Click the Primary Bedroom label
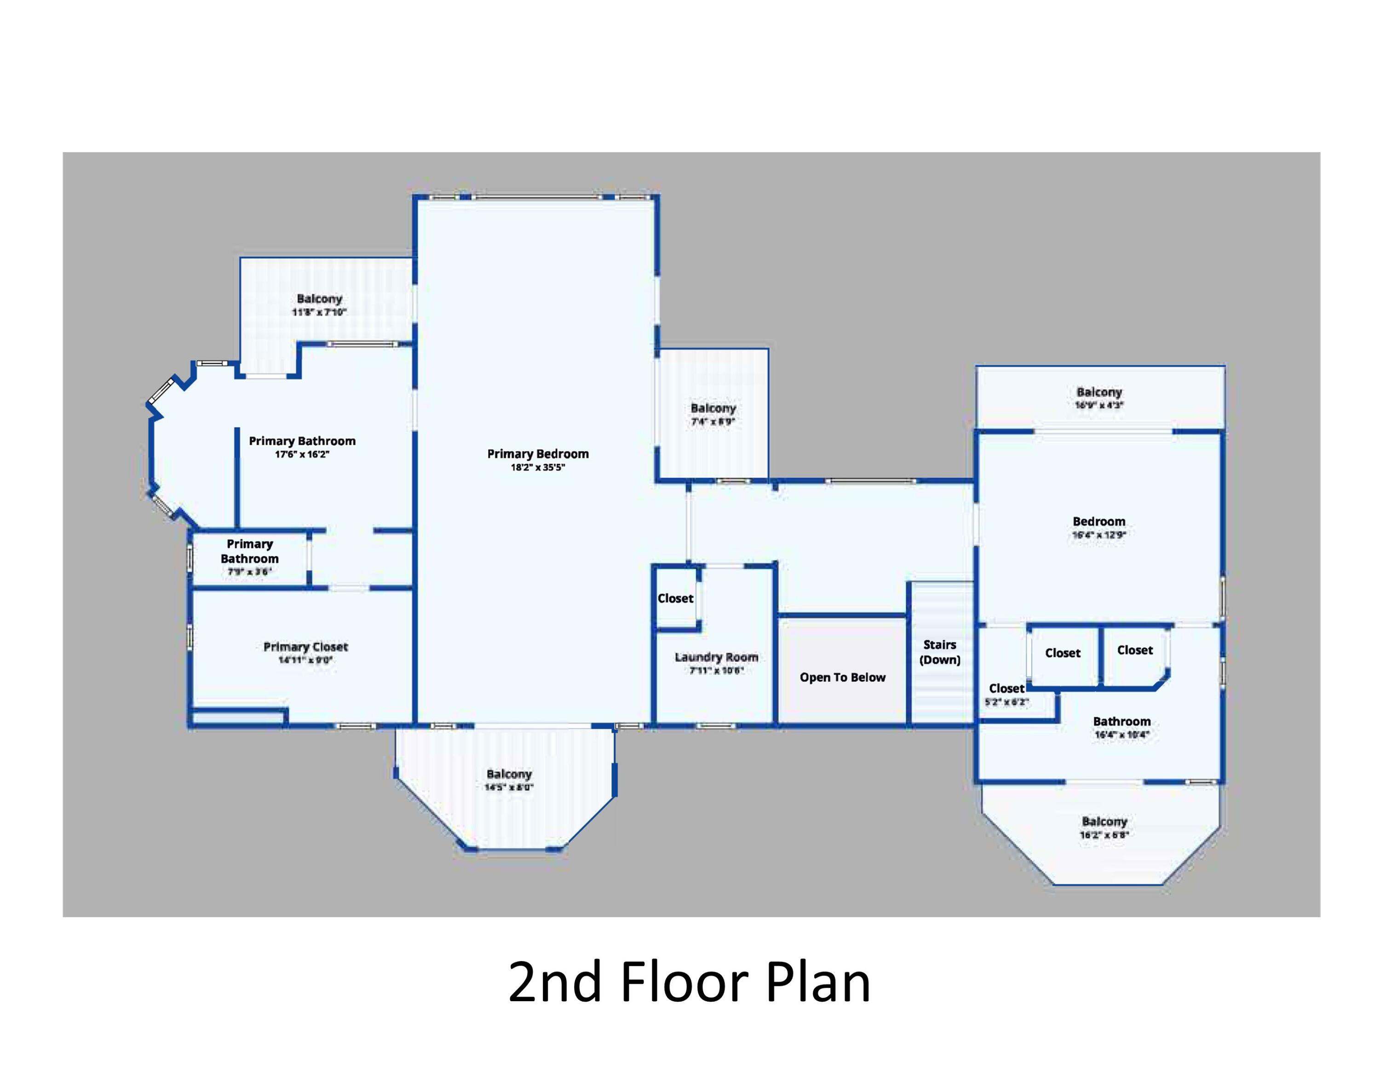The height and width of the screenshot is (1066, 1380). click(538, 453)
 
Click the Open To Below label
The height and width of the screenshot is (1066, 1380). click(842, 677)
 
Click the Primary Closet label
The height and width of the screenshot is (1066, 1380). click(306, 647)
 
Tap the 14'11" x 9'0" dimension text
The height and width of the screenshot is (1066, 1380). click(306, 660)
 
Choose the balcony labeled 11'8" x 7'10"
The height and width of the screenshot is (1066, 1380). click(319, 305)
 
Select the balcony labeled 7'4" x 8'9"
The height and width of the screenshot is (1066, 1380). click(713, 414)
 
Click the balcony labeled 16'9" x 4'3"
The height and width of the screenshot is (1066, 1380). click(1099, 398)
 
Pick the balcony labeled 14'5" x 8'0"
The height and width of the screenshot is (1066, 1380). click(509, 780)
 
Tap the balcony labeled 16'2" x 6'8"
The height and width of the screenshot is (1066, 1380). click(1104, 827)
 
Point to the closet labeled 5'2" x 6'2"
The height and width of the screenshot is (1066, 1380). click(1006, 693)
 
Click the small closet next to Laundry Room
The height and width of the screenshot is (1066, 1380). click(675, 598)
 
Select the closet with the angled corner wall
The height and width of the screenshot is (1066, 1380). click(1135, 650)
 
